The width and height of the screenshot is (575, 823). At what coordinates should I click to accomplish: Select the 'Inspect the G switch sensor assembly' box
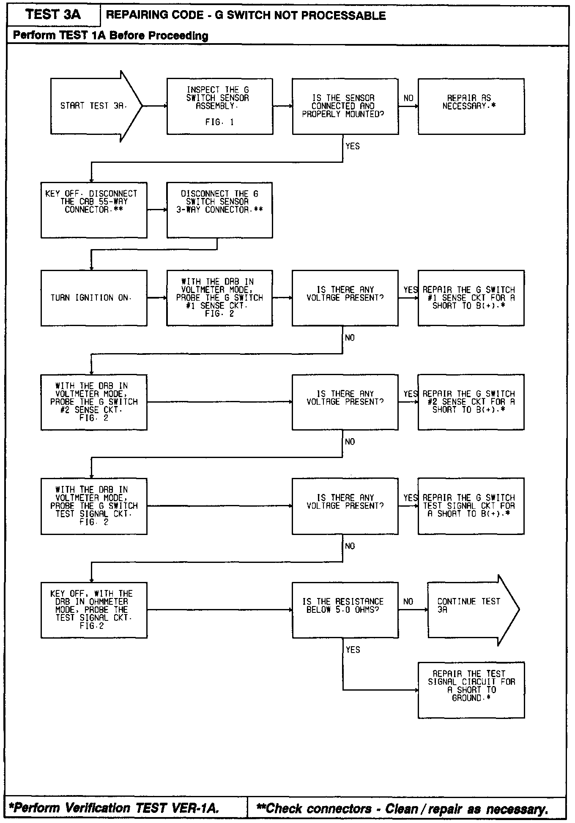219,106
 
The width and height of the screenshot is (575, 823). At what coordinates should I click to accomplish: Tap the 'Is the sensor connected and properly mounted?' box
345,106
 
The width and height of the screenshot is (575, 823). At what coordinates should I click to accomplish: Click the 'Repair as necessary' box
471,106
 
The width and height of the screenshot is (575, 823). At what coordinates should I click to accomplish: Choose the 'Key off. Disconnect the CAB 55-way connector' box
94,210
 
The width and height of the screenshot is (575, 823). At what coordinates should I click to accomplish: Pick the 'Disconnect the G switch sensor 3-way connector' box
219,210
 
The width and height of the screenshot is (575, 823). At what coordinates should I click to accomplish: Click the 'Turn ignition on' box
94,298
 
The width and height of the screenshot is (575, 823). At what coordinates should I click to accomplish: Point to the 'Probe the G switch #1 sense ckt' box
219,298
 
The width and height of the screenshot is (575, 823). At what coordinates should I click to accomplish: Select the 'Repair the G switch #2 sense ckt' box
471,402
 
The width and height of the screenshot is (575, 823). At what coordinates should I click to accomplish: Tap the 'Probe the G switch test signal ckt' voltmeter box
94,506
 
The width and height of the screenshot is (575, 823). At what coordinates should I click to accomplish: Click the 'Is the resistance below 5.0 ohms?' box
345,609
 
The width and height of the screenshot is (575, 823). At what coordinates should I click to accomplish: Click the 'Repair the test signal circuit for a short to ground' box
471,690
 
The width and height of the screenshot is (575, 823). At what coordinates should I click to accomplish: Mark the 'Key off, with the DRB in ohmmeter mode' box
94,609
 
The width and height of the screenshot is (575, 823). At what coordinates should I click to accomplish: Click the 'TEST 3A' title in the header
53,15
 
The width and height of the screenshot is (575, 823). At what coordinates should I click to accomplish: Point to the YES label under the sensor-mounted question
353,146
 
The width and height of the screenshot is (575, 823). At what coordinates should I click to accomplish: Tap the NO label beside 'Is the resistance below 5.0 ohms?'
408,601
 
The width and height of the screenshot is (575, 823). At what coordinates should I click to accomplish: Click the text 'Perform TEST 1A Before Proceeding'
111,36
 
